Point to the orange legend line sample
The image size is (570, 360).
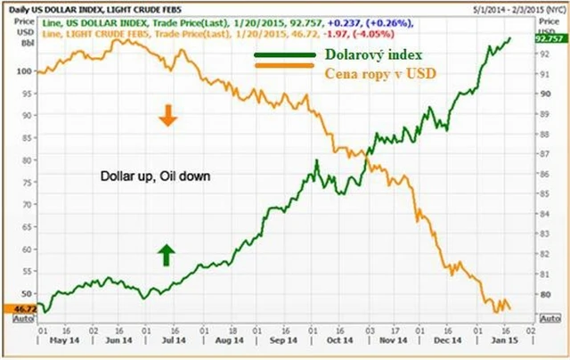pos(283,66)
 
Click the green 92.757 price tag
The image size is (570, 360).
pos(548,39)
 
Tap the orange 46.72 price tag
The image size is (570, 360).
pos(19,307)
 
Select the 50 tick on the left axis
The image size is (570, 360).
pos(27,293)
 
